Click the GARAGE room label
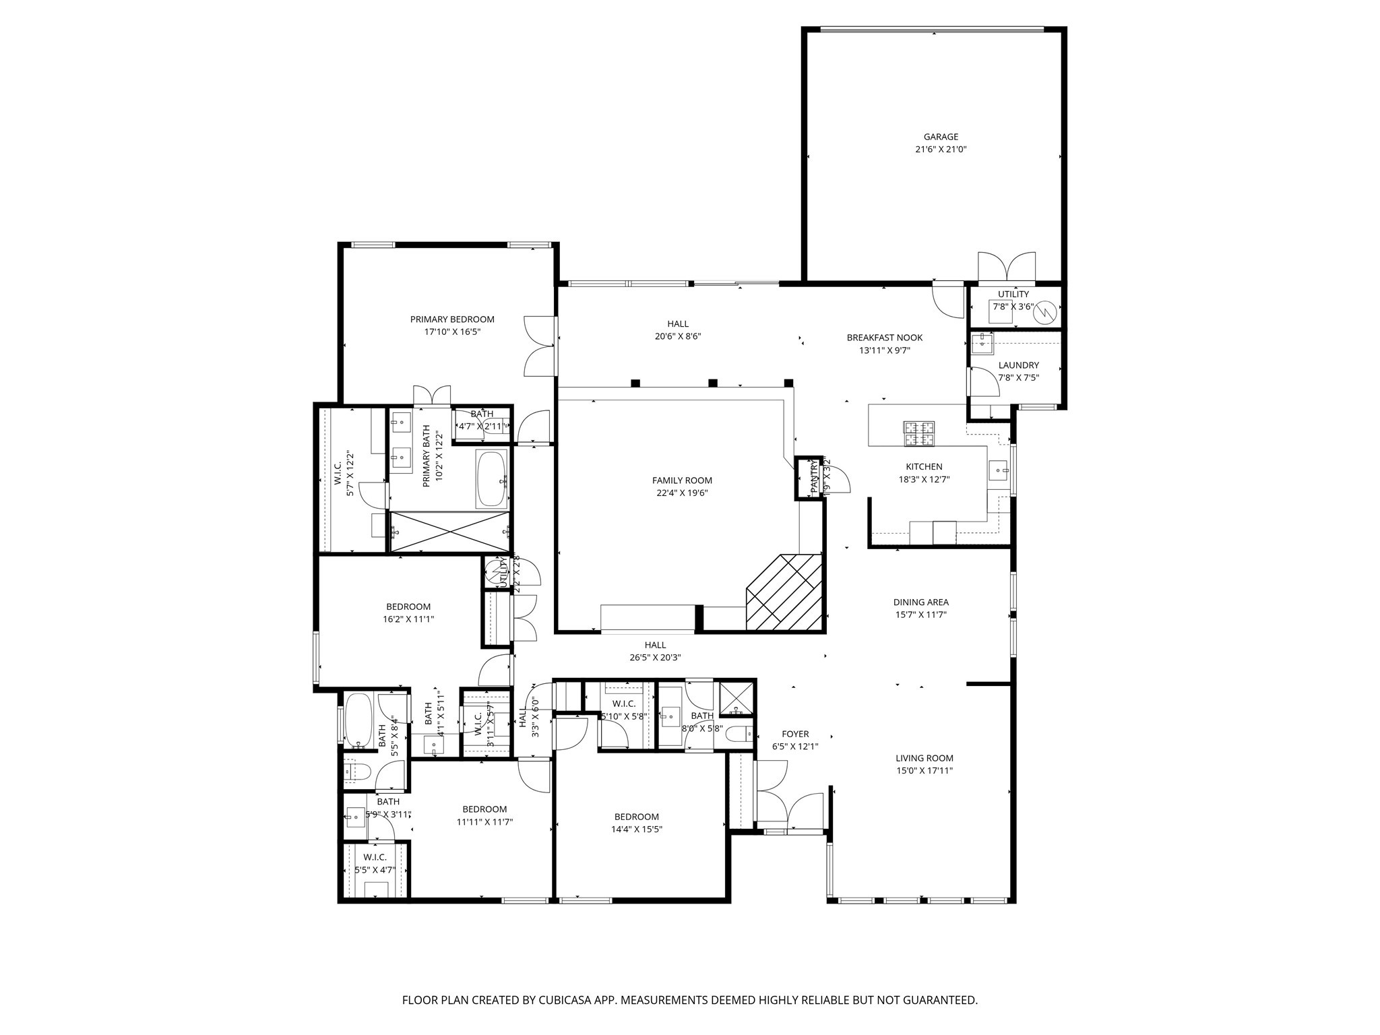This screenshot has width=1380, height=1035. point(941,137)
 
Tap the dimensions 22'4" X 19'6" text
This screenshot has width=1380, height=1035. point(682,493)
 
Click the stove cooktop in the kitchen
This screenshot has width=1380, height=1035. point(919,433)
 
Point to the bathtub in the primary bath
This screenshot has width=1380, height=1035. point(492,479)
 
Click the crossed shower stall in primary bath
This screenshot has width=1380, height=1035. point(450,532)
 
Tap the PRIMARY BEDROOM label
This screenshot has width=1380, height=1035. point(452,319)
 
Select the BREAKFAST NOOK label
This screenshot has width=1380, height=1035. point(884,338)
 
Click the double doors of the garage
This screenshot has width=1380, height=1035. point(1007,268)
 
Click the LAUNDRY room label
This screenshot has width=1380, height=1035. point(1018,365)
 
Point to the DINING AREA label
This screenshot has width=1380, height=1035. point(920,602)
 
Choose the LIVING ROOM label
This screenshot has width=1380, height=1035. point(924,758)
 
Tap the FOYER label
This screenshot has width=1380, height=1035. point(795,734)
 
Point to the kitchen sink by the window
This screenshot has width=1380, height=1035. point(998,469)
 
